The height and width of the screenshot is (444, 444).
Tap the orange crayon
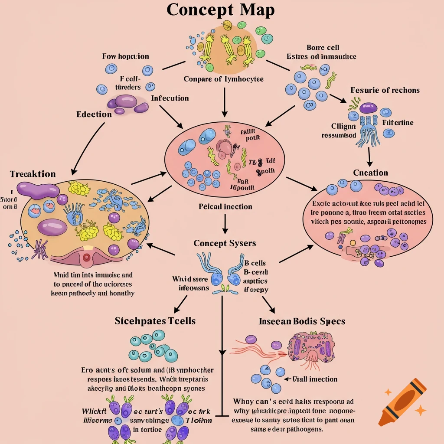click(x=401, y=401)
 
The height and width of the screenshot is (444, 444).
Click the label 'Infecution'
click(x=170, y=98)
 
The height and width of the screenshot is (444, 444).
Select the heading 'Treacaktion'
click(x=33, y=174)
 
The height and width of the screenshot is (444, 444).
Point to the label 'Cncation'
click(x=370, y=173)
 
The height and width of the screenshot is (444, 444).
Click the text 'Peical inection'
click(x=225, y=206)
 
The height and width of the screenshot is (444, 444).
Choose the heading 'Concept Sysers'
click(x=225, y=243)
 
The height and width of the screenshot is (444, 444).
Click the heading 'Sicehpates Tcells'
click(x=155, y=321)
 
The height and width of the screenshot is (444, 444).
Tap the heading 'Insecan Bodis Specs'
click(x=302, y=321)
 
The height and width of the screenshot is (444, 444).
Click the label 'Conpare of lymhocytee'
click(x=223, y=79)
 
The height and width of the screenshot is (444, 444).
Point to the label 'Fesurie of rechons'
click(x=385, y=90)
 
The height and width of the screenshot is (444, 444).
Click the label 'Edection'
click(x=94, y=114)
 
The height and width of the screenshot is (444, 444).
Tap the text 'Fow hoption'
click(x=125, y=56)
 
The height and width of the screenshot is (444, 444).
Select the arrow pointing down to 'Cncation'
click(x=369, y=156)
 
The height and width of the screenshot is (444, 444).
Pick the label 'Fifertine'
click(x=398, y=123)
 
